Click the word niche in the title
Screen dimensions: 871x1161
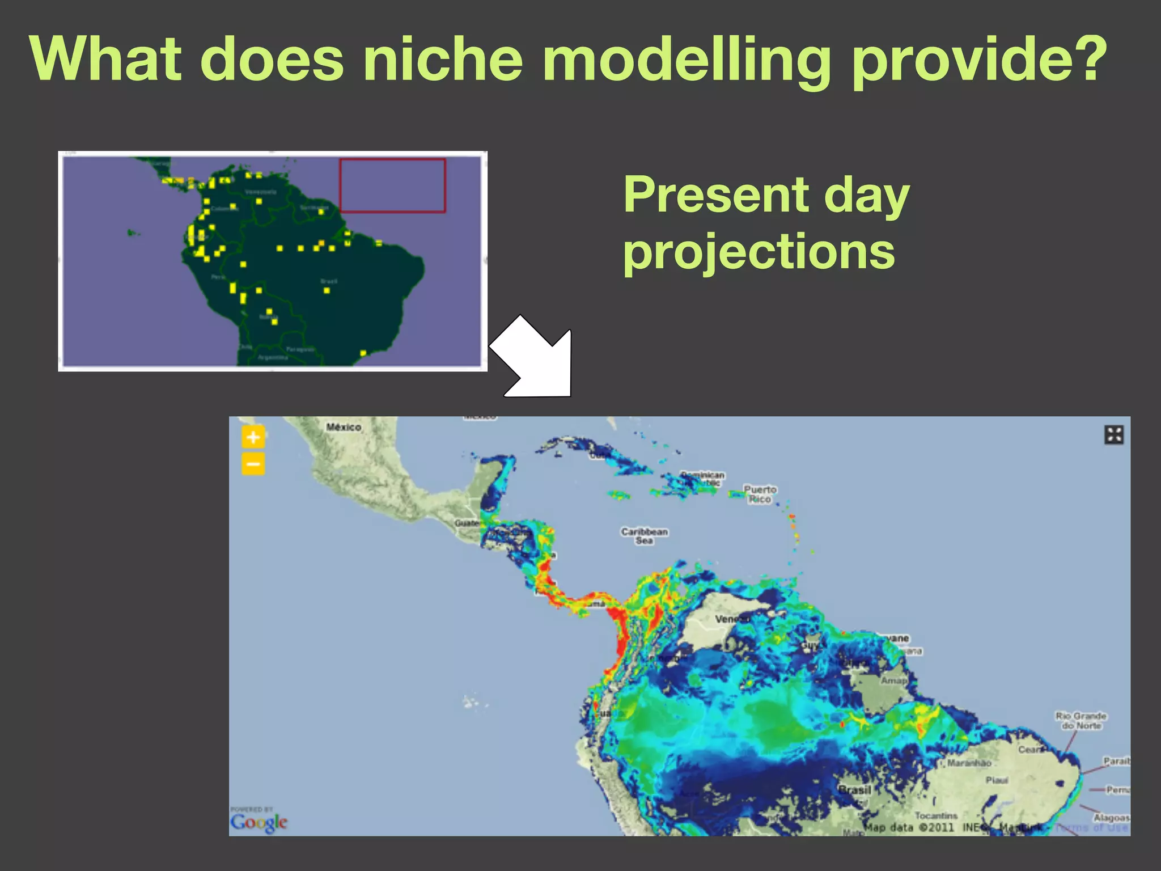(442, 60)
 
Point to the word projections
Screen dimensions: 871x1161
(759, 253)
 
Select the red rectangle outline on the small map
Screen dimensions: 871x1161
(392, 186)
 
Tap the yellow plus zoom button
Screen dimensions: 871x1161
(253, 437)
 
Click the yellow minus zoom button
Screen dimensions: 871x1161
(253, 464)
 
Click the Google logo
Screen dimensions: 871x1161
(259, 822)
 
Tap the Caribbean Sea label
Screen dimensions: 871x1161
(644, 536)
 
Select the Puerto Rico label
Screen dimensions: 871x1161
(760, 494)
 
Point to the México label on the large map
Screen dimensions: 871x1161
(344, 427)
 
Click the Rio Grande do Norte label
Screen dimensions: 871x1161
(1081, 721)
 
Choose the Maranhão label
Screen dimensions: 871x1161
(969, 763)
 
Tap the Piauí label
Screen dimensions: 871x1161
(997, 780)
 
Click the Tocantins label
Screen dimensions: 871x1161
(936, 815)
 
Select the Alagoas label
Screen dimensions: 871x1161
(1111, 818)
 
